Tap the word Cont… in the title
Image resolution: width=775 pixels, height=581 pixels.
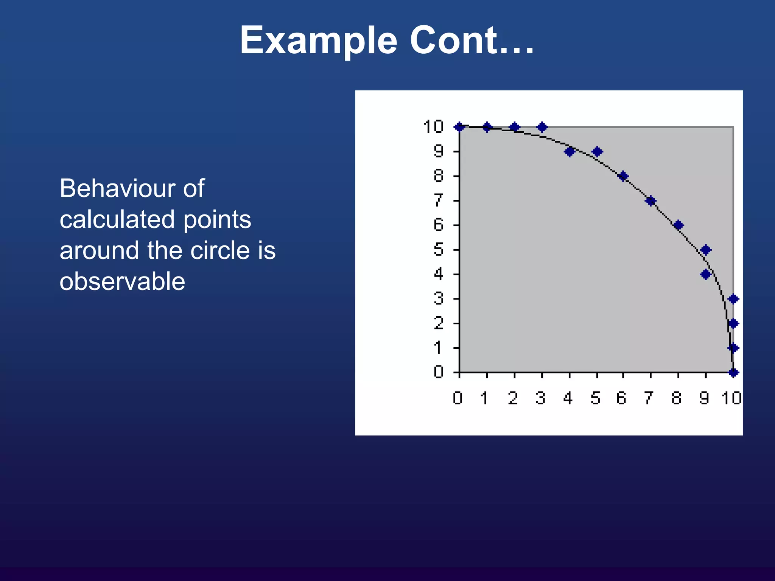tap(472, 40)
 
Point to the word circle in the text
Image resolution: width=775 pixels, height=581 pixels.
tap(220, 250)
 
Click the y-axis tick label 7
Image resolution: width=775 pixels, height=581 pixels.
tap(438, 200)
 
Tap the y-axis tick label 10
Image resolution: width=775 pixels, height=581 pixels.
tap(433, 126)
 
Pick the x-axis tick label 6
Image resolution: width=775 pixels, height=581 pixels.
tap(621, 398)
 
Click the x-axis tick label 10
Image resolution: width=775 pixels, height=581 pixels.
tap(731, 398)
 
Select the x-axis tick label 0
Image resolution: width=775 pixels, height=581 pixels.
tap(458, 398)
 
